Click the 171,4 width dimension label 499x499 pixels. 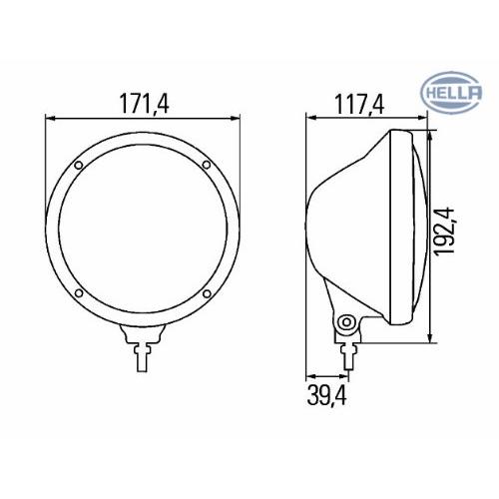click(145, 104)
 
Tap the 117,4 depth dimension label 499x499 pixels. click(359, 104)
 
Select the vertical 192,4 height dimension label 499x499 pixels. click(445, 231)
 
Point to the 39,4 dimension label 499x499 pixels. click(327, 395)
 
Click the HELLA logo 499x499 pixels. click(451, 92)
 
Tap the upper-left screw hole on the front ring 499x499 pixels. click(79, 165)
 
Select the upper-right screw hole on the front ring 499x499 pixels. click(207, 165)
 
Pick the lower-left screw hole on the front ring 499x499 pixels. click(79, 293)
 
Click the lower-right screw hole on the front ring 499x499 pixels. click(207, 293)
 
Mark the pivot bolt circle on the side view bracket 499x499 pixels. click(346, 322)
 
